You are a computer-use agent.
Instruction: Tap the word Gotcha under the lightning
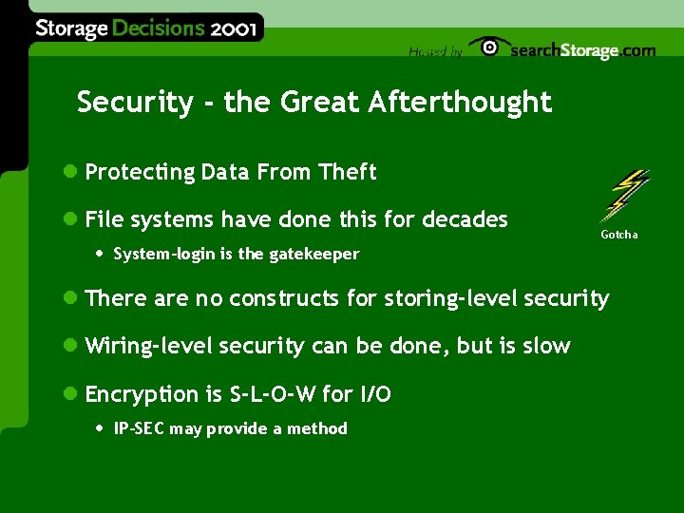[x=618, y=235]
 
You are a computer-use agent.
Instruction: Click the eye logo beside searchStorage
[x=489, y=47]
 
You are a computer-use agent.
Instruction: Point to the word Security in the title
[x=134, y=103]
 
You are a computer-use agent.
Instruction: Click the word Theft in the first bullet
[x=348, y=172]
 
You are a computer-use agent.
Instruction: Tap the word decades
[x=465, y=219]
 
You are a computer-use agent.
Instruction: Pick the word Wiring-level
[x=148, y=346]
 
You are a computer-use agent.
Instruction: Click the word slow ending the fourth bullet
[x=547, y=346]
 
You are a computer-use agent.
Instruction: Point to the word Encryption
[x=141, y=394]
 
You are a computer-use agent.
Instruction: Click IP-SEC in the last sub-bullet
[x=140, y=428]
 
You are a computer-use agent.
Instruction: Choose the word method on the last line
[x=317, y=428]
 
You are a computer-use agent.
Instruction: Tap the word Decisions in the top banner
[x=158, y=28]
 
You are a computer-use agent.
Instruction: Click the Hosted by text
[x=435, y=52]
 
